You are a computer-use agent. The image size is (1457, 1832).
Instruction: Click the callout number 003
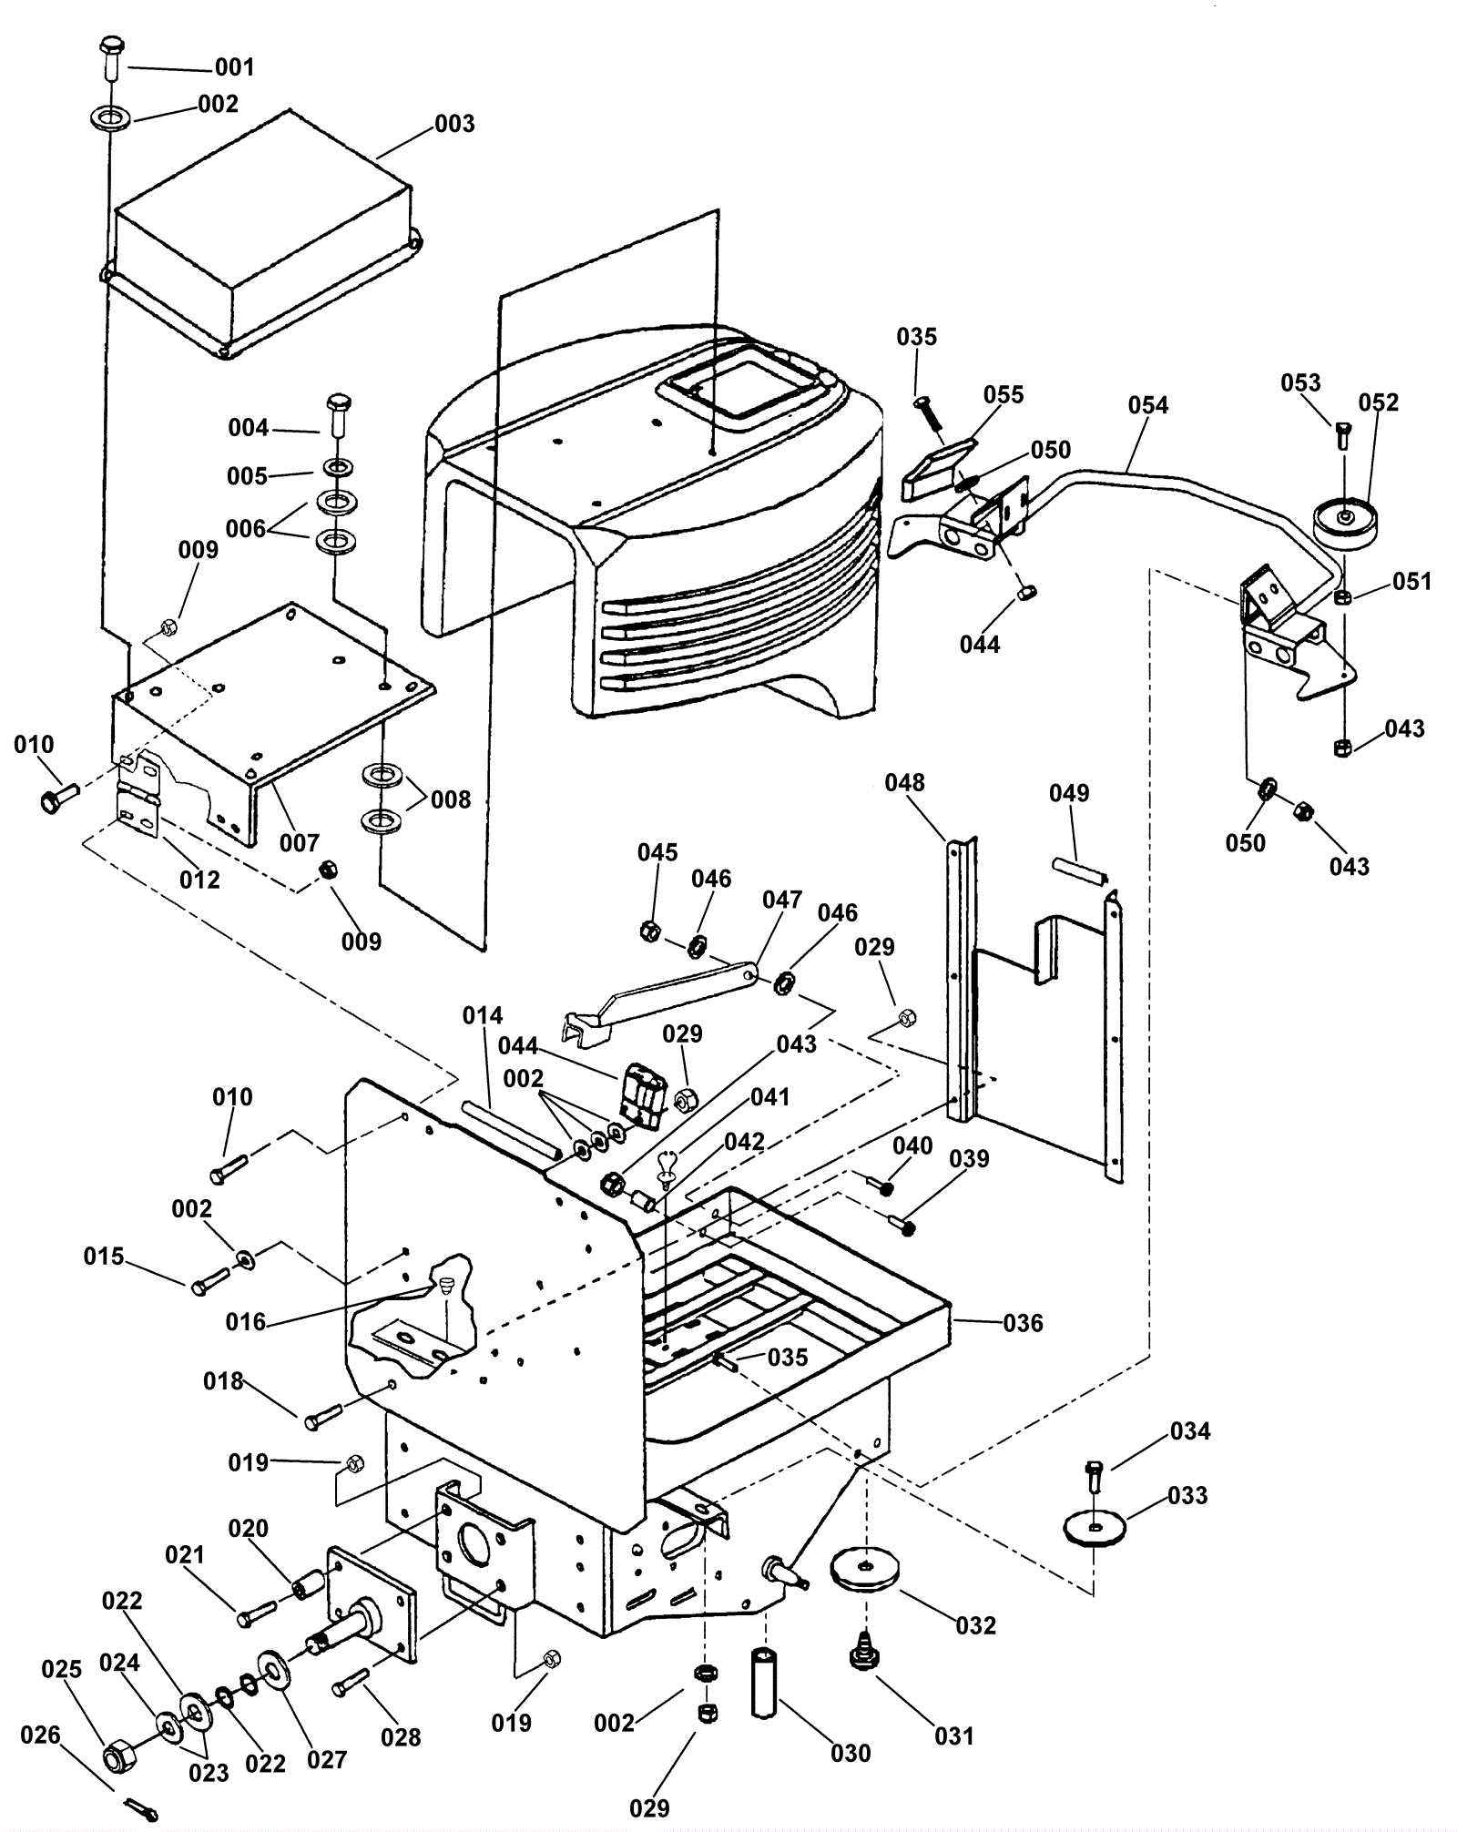click(x=454, y=124)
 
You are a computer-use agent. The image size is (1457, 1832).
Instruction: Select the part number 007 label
click(x=299, y=843)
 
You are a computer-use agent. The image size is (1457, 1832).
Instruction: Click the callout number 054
click(x=1147, y=405)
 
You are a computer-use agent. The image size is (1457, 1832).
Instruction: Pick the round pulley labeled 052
click(x=1346, y=521)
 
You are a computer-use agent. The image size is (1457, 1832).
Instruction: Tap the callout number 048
click(x=904, y=783)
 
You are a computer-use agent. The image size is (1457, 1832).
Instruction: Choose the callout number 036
click(x=1023, y=1323)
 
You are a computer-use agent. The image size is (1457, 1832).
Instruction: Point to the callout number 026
click(x=40, y=1735)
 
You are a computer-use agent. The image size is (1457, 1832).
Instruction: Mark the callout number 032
click(x=976, y=1625)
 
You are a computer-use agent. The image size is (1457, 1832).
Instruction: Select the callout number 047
click(x=782, y=900)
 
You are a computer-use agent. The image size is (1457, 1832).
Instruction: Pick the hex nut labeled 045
click(x=650, y=931)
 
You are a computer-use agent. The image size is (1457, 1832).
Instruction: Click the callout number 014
click(x=483, y=1015)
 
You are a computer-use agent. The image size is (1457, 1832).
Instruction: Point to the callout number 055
click(x=1004, y=395)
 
